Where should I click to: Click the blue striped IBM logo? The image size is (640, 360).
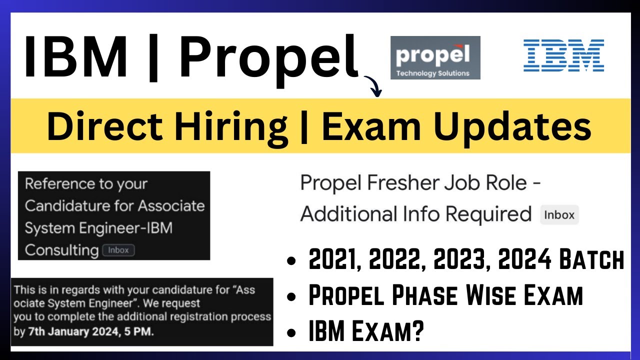coord(563,55)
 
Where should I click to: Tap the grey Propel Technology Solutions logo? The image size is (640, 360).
coord(435,57)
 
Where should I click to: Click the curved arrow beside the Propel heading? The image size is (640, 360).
coord(372,85)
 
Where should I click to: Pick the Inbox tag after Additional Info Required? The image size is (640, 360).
coord(559,215)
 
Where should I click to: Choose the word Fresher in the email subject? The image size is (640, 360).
coord(403,183)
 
